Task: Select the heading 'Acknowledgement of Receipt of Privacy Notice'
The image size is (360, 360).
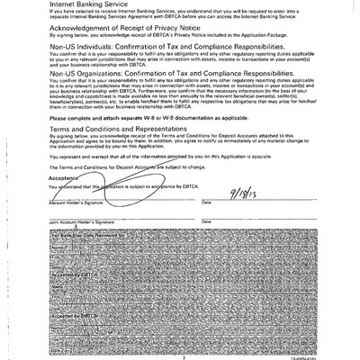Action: [117, 28]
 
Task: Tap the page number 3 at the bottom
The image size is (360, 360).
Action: [181, 354]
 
